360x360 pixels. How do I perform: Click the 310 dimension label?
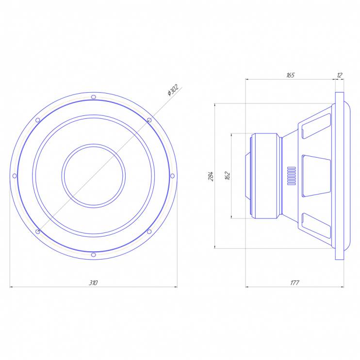click(x=93, y=283)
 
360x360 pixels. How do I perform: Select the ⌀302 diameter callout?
click(x=173, y=90)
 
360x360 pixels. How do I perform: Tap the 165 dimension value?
click(x=290, y=75)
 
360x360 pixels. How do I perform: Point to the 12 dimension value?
click(x=340, y=75)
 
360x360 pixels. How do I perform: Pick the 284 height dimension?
click(x=211, y=176)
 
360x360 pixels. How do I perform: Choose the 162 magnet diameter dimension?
click(x=228, y=176)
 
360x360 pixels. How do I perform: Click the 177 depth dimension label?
click(x=295, y=283)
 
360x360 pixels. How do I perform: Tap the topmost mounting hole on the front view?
click(x=94, y=97)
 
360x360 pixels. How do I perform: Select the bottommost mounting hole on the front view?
click(x=94, y=255)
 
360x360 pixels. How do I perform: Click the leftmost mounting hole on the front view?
click(x=15, y=176)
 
